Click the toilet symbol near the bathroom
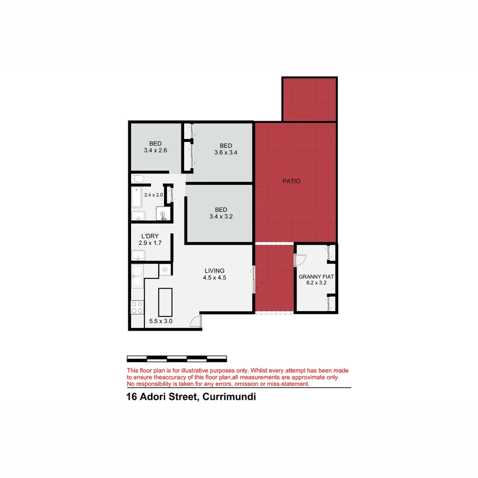(138, 179)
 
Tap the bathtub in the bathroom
(136, 198)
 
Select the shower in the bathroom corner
(164, 213)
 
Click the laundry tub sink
(138, 256)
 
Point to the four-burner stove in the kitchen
(137, 307)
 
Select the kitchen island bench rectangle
(165, 301)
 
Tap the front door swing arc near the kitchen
(195, 322)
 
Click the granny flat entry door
(300, 260)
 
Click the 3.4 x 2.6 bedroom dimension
(155, 150)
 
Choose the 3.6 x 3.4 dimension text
(226, 153)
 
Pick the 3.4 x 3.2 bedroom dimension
(221, 217)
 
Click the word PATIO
(292, 181)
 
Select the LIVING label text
(214, 271)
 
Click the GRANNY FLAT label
(316, 277)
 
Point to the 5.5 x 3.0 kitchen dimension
(160, 321)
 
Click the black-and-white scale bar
(177, 358)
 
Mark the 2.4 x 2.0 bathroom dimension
(154, 195)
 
